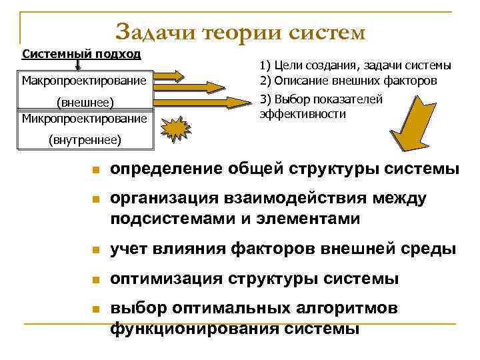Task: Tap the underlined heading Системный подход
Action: (x=82, y=53)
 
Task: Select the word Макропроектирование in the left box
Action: (x=84, y=81)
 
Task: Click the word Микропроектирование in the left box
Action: (x=84, y=119)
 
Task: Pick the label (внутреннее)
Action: (x=85, y=140)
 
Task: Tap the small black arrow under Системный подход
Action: (x=79, y=65)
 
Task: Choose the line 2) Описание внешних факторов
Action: (x=347, y=81)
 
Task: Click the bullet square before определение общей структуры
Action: (x=96, y=171)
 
